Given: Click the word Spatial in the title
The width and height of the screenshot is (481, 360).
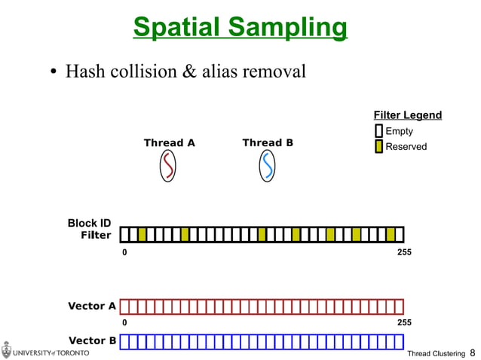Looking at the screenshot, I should [x=176, y=27].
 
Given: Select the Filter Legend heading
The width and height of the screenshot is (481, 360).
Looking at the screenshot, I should [x=407, y=115].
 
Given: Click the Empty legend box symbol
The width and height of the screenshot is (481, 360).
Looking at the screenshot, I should [x=378, y=132].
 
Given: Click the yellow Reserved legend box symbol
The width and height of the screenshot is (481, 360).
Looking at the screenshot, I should [x=378, y=146].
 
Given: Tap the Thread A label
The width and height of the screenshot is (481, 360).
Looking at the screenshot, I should [x=169, y=143].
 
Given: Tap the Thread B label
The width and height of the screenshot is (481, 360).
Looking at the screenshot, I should [x=268, y=142].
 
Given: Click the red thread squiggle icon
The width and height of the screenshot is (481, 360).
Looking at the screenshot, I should [x=169, y=166].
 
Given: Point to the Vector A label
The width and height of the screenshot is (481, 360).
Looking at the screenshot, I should [x=92, y=306].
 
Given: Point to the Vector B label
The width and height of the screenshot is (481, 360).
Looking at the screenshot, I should [x=92, y=340].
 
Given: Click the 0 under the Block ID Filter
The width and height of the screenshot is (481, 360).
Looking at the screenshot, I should [x=124, y=252].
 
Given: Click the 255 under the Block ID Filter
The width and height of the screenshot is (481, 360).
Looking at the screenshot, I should [x=404, y=252].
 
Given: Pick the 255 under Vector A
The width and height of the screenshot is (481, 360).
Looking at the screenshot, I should [x=404, y=322].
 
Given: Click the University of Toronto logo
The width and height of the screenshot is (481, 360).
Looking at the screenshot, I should [x=45, y=351].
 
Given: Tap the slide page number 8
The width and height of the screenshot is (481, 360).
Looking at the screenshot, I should [x=473, y=352].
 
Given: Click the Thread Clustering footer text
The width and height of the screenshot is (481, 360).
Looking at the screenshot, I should [x=435, y=353].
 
